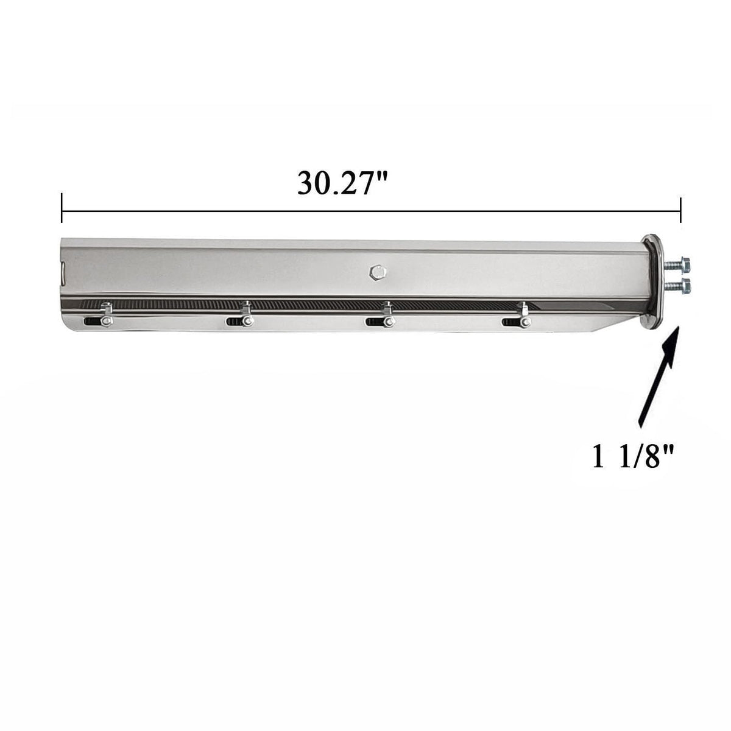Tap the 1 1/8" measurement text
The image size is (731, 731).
click(x=633, y=457)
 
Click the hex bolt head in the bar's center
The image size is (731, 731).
click(x=378, y=272)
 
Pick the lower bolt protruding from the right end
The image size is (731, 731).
click(x=677, y=287)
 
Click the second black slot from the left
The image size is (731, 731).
click(x=235, y=322)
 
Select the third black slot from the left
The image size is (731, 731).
click(x=375, y=322)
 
